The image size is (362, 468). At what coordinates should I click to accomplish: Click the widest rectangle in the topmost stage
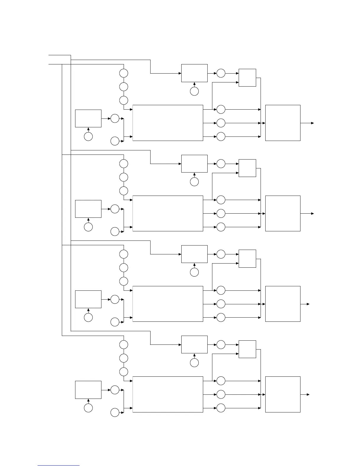168,123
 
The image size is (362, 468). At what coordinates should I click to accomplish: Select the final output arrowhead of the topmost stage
312,123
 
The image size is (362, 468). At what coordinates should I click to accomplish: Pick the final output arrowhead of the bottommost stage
308,394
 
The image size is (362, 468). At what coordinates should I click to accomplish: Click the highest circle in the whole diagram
124,73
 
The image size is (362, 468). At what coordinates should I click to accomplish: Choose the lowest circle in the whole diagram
115,413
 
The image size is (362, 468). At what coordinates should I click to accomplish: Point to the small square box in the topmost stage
247,78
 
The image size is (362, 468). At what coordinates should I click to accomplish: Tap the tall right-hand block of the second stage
283,213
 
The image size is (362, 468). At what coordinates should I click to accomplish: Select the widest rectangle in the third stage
168,304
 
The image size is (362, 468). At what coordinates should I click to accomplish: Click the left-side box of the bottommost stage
88,390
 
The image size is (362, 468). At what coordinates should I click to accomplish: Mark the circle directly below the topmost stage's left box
88,136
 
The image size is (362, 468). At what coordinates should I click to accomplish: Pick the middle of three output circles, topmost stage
221,123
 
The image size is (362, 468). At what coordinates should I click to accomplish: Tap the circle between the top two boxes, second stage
221,164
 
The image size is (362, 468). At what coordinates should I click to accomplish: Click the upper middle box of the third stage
194,254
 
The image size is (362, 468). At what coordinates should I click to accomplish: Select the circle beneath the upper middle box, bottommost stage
194,363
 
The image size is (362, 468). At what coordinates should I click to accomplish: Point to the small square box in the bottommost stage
247,349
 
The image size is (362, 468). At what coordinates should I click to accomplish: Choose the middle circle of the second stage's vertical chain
124,177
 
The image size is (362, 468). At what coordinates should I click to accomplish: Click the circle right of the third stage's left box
115,299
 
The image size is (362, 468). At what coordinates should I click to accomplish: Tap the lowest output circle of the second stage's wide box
221,227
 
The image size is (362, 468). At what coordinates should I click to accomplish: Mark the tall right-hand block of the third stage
283,304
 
